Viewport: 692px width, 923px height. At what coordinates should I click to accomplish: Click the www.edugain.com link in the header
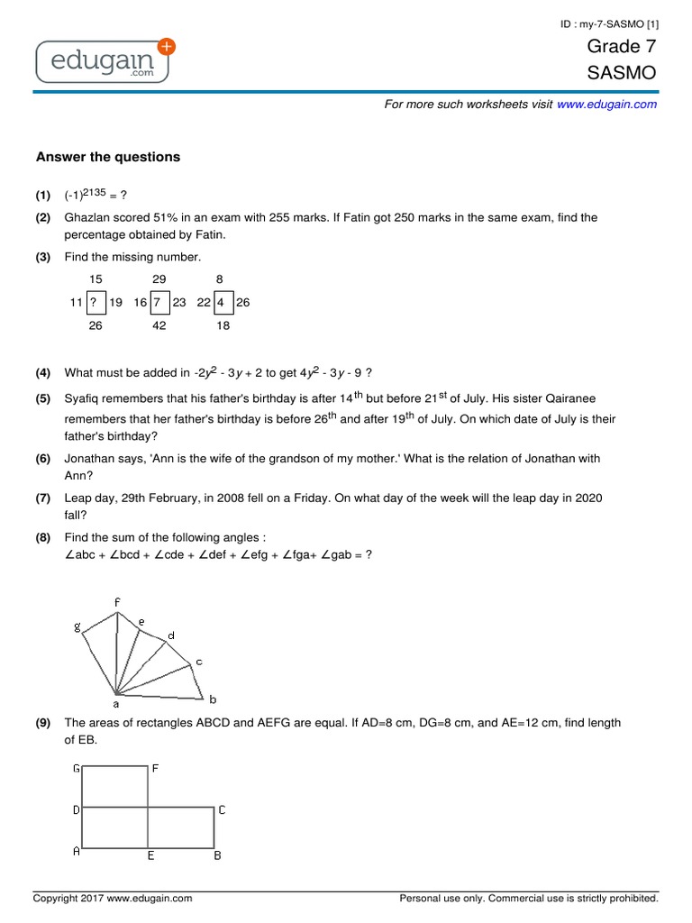coord(606,105)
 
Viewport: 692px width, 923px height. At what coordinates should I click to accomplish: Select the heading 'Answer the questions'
coord(108,157)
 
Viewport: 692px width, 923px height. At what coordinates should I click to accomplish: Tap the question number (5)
coord(43,398)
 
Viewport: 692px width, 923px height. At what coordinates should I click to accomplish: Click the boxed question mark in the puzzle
coord(94,303)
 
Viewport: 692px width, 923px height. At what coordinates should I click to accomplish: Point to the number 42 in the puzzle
coord(159,325)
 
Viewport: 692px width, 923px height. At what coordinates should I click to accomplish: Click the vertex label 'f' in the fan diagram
coord(116,601)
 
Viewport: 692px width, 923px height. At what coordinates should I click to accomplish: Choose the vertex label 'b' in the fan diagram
coord(213,699)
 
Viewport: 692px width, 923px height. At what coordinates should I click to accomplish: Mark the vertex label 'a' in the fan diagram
coord(115,704)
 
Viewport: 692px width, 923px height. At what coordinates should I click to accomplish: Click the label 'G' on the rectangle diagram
coord(77,769)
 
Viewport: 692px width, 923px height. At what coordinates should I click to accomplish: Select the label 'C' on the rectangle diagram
coord(222,810)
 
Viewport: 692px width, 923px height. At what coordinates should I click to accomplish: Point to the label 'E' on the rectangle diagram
coord(150,855)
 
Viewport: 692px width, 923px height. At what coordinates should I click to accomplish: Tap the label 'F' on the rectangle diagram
coord(155,769)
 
